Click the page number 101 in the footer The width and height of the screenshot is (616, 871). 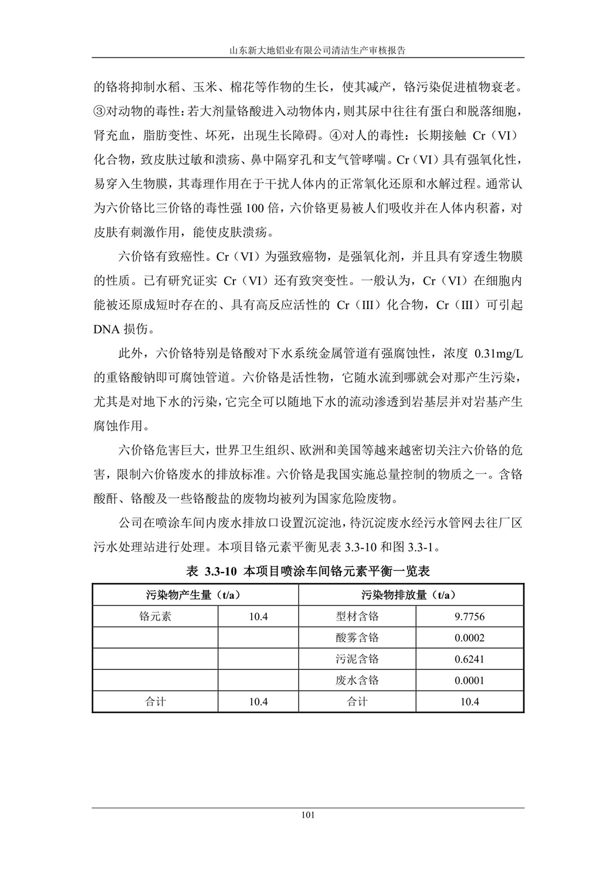click(308, 815)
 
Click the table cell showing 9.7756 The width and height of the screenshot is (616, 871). click(469, 616)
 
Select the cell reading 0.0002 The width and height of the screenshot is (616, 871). click(469, 638)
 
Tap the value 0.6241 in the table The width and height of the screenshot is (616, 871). click(469, 659)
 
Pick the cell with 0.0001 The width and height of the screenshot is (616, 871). click(469, 680)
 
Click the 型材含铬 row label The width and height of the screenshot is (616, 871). click(357, 616)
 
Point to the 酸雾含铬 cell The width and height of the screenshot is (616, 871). click(357, 638)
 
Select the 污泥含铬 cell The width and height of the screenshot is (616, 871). click(357, 659)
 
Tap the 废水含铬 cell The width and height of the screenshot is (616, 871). click(357, 680)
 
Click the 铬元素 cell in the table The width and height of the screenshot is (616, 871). click(155, 616)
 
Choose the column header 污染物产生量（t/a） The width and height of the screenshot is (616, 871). click(195, 595)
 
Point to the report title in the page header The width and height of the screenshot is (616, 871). click(308, 50)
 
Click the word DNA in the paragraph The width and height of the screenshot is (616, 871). click(106, 330)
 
